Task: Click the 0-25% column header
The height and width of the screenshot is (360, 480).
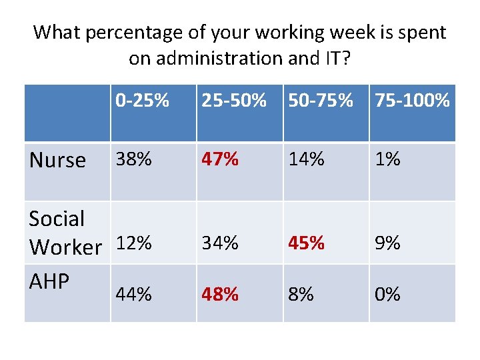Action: click(x=142, y=101)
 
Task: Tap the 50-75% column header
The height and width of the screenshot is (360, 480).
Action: click(x=321, y=101)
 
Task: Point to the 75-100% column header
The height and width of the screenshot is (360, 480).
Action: click(x=412, y=101)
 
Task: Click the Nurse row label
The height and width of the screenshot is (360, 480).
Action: click(x=58, y=160)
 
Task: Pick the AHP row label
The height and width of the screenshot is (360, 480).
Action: click(x=49, y=281)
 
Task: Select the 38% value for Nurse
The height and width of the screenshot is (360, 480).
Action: click(x=134, y=159)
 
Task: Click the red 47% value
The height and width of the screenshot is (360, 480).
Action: click(x=221, y=159)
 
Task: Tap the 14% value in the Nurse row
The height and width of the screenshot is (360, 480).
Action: click(x=307, y=159)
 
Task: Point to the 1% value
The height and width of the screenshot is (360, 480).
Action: click(x=387, y=159)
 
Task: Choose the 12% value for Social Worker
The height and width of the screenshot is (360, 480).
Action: click(x=134, y=243)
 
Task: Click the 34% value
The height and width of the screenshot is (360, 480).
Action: click(x=220, y=243)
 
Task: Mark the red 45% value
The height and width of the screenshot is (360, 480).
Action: click(x=307, y=243)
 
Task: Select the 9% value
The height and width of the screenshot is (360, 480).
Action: click(x=387, y=243)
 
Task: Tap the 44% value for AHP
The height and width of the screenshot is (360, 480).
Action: click(x=134, y=294)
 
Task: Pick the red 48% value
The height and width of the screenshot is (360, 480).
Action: click(x=221, y=294)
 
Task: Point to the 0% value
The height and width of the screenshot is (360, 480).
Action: click(x=387, y=294)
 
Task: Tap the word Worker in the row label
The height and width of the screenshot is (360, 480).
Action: click(x=65, y=247)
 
